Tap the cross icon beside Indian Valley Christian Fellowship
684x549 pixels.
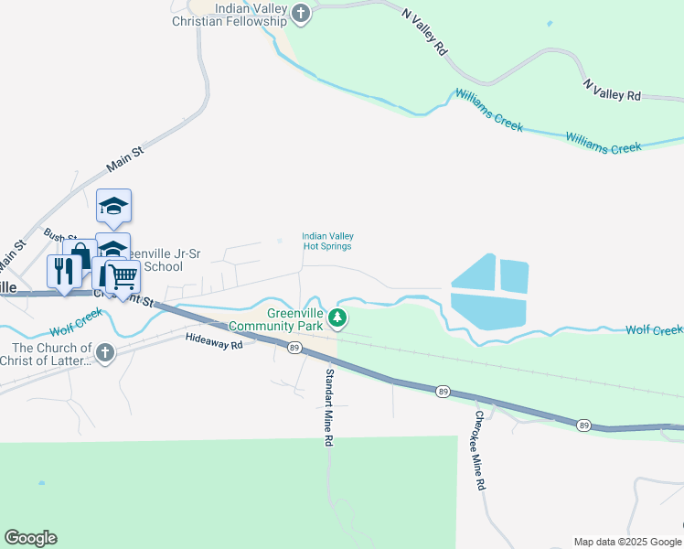point(301,13)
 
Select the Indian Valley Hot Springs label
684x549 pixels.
point(327,241)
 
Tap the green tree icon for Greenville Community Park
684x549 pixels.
point(338,318)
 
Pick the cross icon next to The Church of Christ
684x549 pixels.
point(105,352)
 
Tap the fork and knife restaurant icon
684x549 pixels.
point(63,271)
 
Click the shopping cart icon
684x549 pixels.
point(123,274)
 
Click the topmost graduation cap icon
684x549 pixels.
point(114,205)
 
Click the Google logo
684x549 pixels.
point(30,538)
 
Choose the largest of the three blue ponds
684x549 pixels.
point(489,310)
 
